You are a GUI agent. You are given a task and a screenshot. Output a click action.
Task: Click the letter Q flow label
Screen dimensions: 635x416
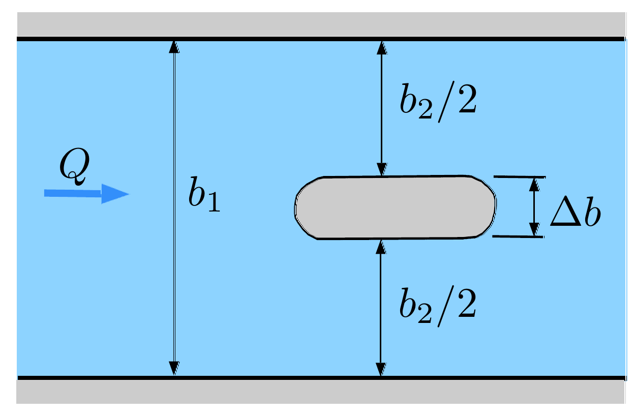click(75, 166)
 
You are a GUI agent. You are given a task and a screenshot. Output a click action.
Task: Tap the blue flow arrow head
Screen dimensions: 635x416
click(115, 194)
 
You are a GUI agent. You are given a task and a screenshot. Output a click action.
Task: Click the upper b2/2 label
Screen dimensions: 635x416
click(438, 102)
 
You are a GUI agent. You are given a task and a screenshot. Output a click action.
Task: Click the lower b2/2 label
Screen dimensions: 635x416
click(437, 306)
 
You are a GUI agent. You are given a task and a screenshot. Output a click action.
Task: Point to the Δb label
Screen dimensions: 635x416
click(576, 211)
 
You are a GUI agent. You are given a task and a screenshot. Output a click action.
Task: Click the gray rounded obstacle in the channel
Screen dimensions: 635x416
click(395, 207)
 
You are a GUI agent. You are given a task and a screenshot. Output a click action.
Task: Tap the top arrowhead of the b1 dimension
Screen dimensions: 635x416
click(174, 47)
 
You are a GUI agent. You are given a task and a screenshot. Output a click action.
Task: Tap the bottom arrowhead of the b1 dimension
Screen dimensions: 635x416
click(174, 368)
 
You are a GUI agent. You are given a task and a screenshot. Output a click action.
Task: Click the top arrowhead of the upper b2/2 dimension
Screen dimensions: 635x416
click(382, 48)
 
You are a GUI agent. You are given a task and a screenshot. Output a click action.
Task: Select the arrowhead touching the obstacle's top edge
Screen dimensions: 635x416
click(382, 169)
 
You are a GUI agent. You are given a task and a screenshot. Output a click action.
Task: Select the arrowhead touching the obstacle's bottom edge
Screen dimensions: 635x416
click(381, 247)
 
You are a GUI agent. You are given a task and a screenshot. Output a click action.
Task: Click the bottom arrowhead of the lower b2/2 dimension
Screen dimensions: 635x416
click(381, 369)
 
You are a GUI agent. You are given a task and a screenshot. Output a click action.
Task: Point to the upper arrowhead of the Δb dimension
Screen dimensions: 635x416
click(534, 185)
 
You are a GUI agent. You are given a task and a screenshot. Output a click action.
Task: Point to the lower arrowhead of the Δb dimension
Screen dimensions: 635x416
click(534, 229)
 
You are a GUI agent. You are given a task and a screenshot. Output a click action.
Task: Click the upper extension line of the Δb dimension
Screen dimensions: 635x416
click(520, 177)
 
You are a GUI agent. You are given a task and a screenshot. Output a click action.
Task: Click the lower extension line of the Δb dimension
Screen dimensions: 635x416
click(518, 236)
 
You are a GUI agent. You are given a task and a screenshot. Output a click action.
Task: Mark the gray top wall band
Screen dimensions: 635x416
click(321, 24)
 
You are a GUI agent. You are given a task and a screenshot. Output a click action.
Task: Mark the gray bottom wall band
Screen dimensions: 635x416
click(321, 392)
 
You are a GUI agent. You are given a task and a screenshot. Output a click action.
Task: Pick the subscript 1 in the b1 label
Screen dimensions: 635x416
click(215, 201)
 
